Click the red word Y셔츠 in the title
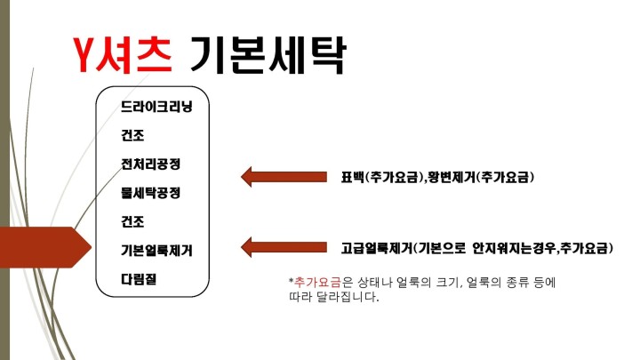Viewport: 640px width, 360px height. (x=123, y=54)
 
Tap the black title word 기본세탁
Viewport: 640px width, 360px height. (x=268, y=55)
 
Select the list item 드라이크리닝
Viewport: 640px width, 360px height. (x=156, y=107)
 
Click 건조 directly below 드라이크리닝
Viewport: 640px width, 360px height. (x=132, y=135)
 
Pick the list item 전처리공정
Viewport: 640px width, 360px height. (x=150, y=164)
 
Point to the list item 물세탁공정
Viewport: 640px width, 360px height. (x=150, y=193)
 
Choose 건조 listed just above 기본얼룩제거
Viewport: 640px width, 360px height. (x=132, y=221)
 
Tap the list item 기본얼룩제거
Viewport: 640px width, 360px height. (x=156, y=250)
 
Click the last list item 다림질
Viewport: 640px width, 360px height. (x=139, y=279)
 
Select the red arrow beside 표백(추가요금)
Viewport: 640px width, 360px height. (x=284, y=177)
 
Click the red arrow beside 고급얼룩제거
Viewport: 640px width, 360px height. (x=284, y=247)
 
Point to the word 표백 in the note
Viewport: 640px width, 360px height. (x=353, y=177)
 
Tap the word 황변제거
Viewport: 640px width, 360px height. (x=451, y=177)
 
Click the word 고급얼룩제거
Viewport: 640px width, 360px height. (x=377, y=248)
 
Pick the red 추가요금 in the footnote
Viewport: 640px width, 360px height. (x=317, y=282)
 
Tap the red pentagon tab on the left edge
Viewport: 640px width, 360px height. (x=45, y=247)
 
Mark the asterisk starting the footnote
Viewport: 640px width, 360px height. (x=291, y=280)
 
